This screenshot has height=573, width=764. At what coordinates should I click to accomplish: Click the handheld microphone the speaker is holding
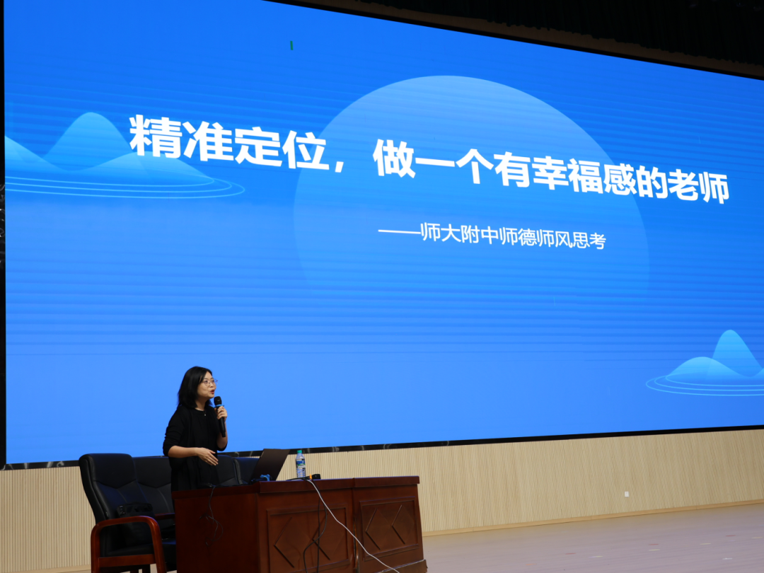[x=220, y=416]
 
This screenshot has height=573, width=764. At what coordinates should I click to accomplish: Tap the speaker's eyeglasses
[x=210, y=382]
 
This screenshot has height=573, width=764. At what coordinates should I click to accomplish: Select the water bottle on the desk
[x=301, y=464]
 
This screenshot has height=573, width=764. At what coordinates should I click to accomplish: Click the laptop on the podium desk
[x=270, y=465]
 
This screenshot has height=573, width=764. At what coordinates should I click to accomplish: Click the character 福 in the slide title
[x=585, y=177]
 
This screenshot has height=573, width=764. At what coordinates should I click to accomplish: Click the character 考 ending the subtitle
[x=597, y=241]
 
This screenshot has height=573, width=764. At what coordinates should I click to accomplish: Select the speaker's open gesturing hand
[x=208, y=457]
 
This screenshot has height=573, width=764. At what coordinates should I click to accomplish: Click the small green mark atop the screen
[x=291, y=45]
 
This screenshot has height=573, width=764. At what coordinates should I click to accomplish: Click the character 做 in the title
[x=393, y=158]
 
